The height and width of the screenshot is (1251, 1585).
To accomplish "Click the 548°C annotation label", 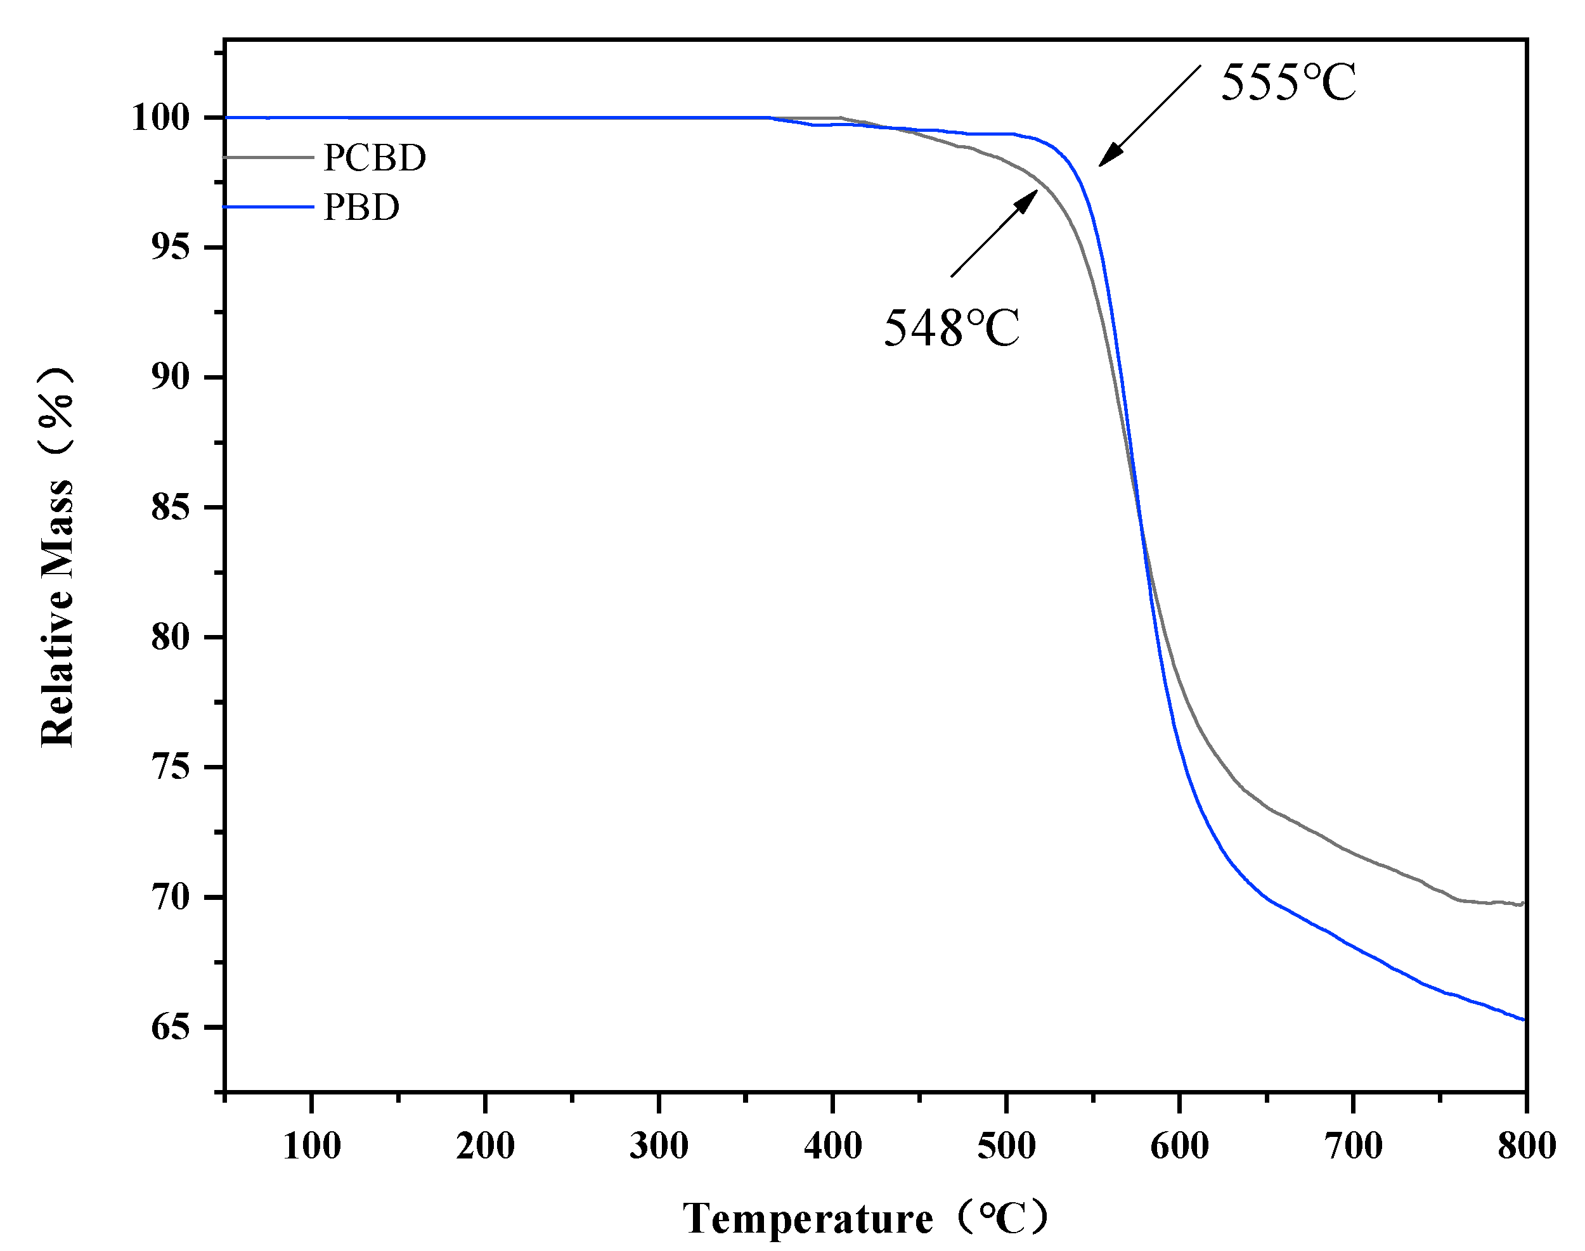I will pos(951,328).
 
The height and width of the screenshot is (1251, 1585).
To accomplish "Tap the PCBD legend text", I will pos(375,157).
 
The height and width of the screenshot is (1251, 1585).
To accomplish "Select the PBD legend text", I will pos(361,207).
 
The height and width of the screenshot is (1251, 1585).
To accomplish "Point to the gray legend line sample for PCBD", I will pos(269,157).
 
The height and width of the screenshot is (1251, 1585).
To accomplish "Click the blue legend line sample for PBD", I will pos(269,207).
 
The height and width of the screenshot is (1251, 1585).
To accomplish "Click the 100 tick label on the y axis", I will pos(160,117).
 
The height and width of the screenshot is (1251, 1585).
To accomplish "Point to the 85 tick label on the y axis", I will pos(170,508).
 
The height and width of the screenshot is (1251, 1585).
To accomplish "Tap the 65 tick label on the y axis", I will pos(170,1028).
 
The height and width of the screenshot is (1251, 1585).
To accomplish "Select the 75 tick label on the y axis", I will pos(170,767).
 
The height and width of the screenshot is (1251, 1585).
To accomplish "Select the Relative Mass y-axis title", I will pos(57,556).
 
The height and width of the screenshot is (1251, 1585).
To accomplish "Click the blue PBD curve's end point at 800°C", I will pos(1524,1020).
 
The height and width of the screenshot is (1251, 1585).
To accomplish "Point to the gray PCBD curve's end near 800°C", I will pos(1522,904).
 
